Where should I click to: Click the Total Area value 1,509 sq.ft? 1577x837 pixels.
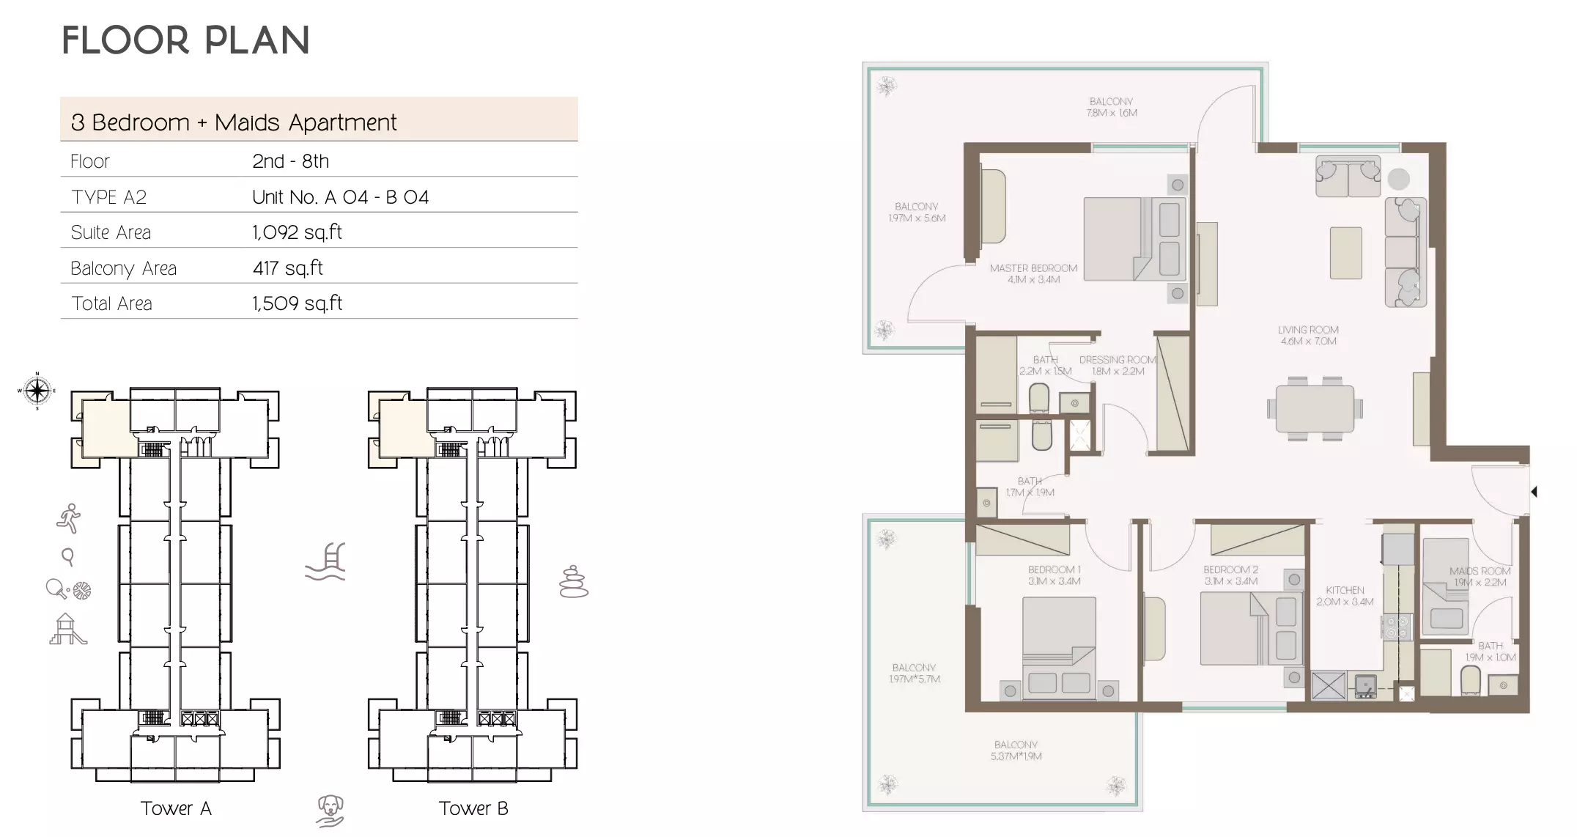point(297,303)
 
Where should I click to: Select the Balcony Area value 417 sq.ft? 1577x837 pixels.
point(287,268)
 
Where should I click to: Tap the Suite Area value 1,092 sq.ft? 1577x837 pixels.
point(297,232)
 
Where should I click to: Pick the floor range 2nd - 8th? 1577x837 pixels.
point(290,161)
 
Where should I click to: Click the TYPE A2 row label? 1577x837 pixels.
point(108,197)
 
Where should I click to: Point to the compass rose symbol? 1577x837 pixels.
point(37,390)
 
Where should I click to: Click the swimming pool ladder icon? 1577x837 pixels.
point(327,562)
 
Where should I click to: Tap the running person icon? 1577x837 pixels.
point(69,518)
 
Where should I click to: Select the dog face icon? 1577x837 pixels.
point(330,810)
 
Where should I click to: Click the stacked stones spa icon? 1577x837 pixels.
point(573,582)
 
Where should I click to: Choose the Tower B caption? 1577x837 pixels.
point(473,808)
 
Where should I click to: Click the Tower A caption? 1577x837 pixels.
point(176,808)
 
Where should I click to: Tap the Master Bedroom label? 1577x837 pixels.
point(1033,273)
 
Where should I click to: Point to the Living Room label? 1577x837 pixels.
point(1308,335)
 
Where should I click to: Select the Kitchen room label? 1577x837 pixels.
point(1345,595)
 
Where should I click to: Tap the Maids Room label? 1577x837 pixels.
point(1480,576)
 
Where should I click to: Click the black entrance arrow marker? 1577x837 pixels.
point(1533,492)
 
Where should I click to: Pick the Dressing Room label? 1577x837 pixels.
point(1118,365)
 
